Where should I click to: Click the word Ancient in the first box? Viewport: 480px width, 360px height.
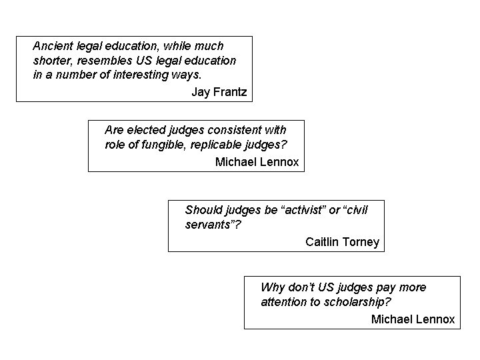click(51, 46)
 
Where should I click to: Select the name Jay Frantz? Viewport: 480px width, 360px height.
click(219, 92)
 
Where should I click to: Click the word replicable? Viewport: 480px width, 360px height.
click(224, 144)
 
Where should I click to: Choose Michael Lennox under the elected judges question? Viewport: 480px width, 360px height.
click(257, 162)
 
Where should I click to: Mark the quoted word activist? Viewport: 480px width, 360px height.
click(303, 210)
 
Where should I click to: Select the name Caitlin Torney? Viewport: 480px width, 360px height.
click(342, 241)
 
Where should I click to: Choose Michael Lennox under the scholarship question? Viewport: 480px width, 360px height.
click(413, 319)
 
